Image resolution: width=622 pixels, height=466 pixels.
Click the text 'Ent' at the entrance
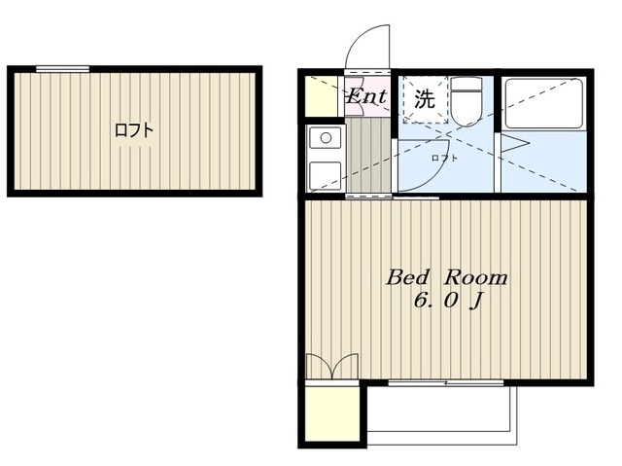(367, 96)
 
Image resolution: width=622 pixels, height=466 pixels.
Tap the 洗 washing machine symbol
(425, 98)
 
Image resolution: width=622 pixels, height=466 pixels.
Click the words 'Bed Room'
(447, 277)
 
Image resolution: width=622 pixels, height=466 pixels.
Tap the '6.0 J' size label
(448, 301)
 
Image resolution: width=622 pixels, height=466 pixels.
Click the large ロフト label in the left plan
(134, 129)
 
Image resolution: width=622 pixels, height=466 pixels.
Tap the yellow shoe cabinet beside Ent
(318, 94)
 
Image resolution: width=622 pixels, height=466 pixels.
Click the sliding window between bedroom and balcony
(445, 382)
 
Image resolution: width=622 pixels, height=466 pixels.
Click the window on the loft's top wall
(62, 68)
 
